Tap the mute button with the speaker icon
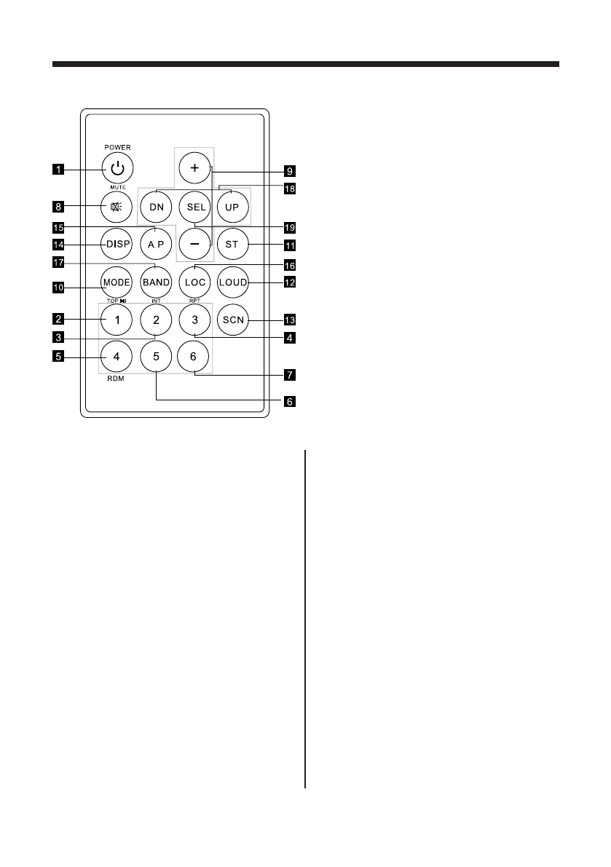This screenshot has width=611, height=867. tap(117, 206)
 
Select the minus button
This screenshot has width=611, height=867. tap(194, 245)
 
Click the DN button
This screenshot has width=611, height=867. tap(156, 207)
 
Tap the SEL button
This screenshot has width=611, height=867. tap(194, 207)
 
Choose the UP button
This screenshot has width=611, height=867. tap(233, 207)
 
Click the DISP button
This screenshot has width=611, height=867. tap(117, 245)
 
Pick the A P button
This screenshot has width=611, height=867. tap(156, 245)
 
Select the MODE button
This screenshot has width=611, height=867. tap(117, 282)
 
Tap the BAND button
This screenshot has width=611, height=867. tap(156, 282)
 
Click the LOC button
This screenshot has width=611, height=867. tap(194, 282)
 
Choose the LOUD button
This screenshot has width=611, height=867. tap(233, 282)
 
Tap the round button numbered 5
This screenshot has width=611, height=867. tap(156, 357)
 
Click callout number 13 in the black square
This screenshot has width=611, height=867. tap(290, 320)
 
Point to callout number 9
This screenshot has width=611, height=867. tap(290, 172)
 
